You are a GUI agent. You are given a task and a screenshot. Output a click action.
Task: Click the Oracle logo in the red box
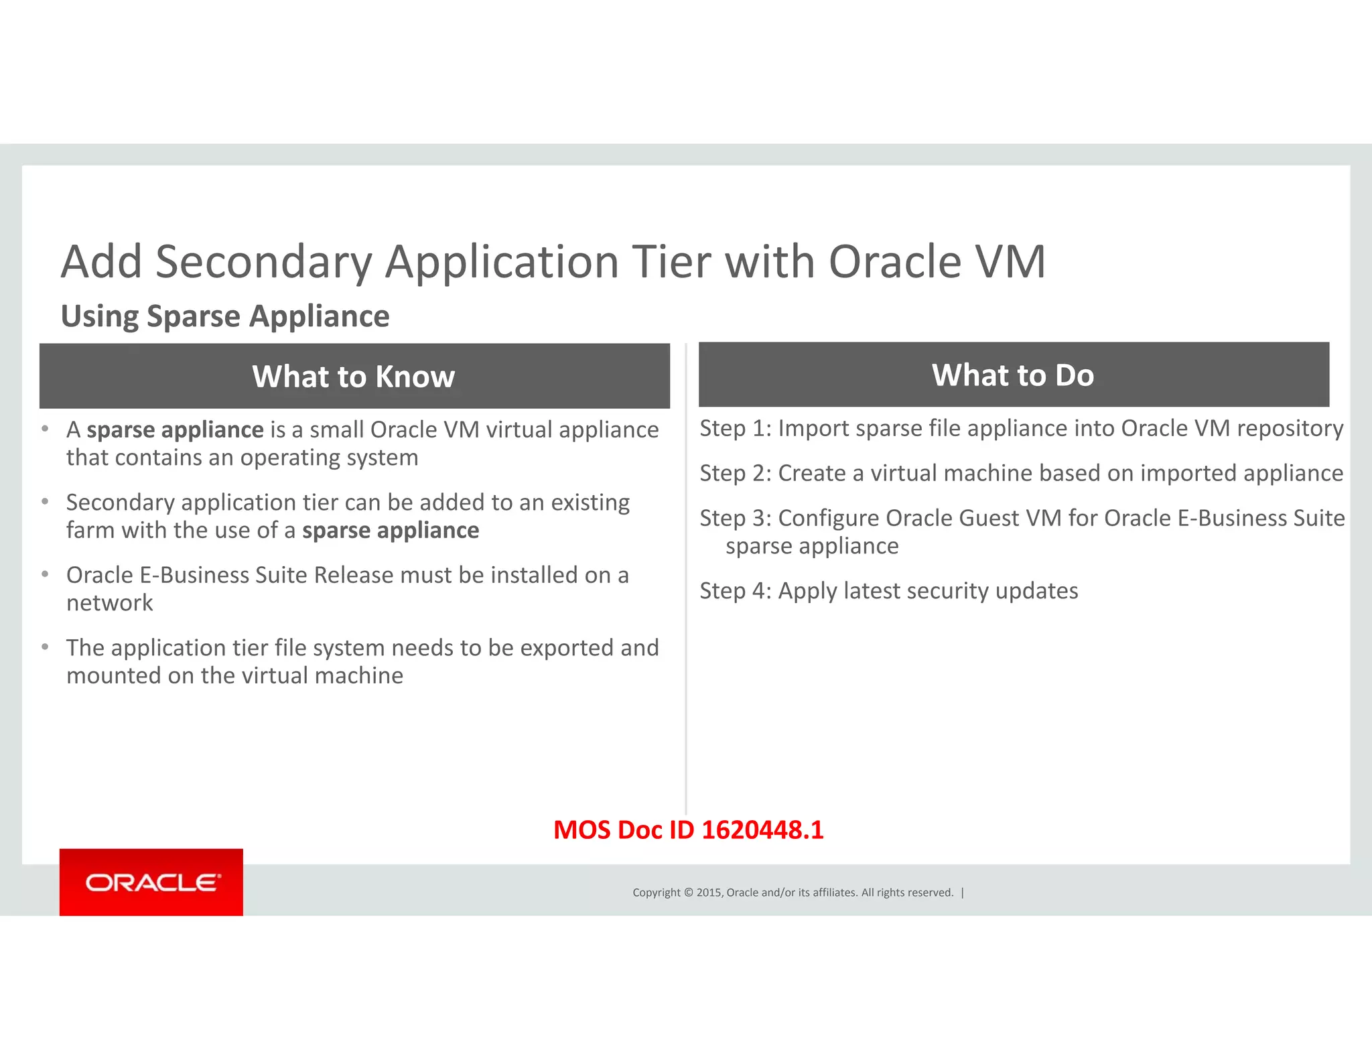tap(152, 882)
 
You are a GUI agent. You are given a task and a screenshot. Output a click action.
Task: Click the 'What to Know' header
tap(354, 377)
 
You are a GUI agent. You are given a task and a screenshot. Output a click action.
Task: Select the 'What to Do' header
tap(1013, 375)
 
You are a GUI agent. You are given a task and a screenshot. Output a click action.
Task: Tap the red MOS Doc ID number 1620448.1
tap(762, 830)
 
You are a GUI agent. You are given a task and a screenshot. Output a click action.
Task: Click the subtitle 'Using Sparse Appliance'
tap(225, 316)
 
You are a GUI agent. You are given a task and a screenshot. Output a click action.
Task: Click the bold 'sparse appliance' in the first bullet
tap(176, 430)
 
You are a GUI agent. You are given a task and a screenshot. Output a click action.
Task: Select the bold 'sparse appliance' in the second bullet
tap(391, 531)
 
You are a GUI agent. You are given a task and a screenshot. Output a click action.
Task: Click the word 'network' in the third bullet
tap(110, 603)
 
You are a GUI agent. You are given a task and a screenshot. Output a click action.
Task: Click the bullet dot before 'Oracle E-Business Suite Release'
tap(45, 574)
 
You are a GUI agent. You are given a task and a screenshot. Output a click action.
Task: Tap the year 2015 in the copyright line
tap(709, 892)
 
